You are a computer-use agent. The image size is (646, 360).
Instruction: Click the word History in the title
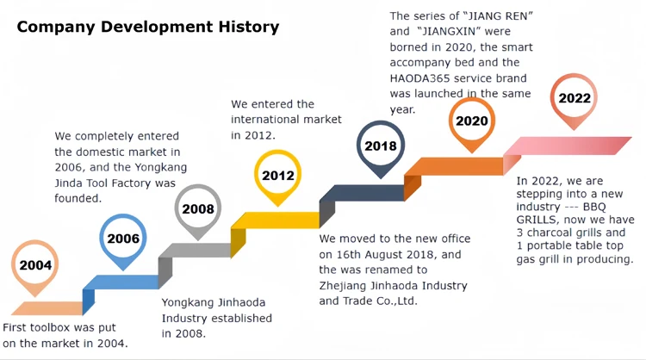tap(249, 28)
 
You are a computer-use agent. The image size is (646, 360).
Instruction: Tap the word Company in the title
tap(56, 28)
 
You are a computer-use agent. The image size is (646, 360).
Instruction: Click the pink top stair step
tap(568, 146)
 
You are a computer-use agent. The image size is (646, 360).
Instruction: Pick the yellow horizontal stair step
tap(276, 220)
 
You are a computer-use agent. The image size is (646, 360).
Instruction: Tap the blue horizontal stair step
tap(121, 282)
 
